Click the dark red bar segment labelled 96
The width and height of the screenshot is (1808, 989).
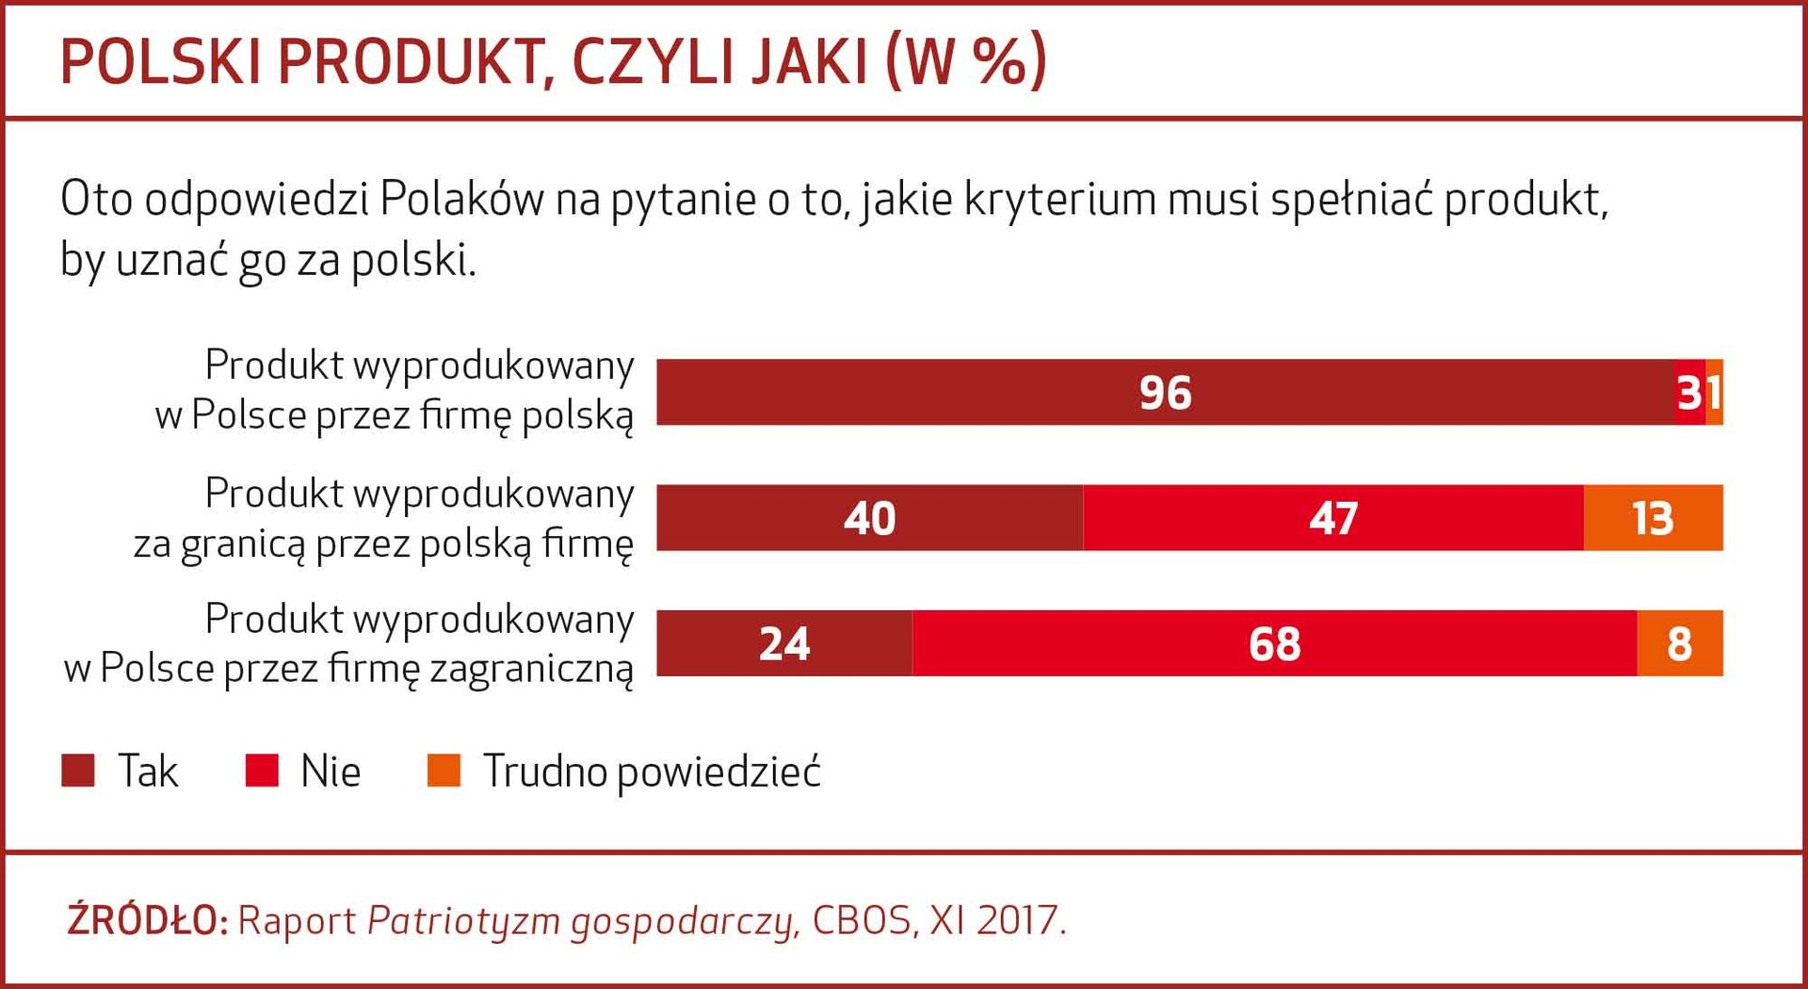pos(1165,392)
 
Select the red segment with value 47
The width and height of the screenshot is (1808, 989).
pos(1332,518)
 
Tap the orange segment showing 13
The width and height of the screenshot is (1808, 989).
pos(1653,518)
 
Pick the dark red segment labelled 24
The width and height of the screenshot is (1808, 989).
pos(783,643)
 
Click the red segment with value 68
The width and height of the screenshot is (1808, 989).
pos(1274,643)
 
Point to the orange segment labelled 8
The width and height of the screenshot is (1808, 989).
pos(1679,643)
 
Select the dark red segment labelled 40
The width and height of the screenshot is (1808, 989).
pos(869,518)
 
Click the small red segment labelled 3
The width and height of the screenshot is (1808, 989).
pos(1689,392)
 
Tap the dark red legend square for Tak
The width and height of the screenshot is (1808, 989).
pos(78,770)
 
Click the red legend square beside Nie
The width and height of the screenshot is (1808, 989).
pos(262,770)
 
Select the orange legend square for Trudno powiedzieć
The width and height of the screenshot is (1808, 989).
pos(444,770)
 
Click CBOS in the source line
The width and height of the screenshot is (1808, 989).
pos(862,920)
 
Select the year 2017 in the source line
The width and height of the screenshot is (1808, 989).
pos(1017,920)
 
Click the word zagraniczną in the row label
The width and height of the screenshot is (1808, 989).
pos(532,669)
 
